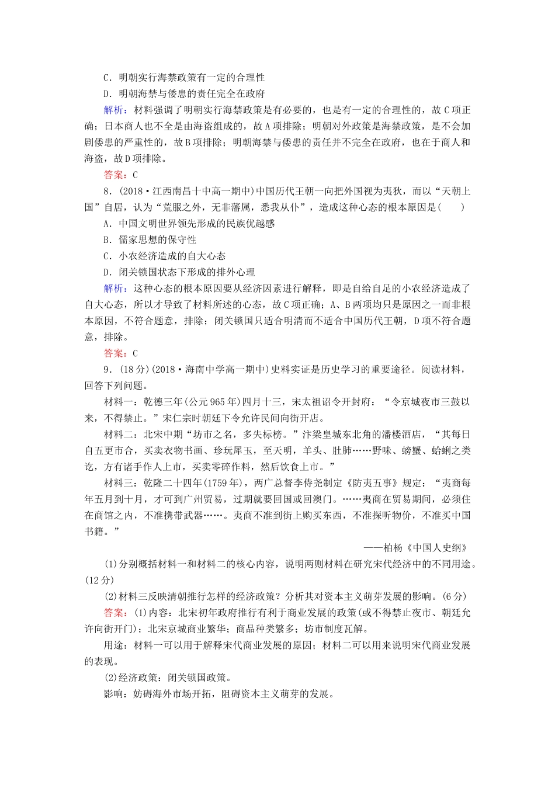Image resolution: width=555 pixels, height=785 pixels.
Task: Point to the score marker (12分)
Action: coord(99,580)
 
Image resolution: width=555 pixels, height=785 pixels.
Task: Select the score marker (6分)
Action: coord(455,596)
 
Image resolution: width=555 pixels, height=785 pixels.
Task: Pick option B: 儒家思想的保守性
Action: coord(150,240)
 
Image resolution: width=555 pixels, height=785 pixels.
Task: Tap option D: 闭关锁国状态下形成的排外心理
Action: coord(179,272)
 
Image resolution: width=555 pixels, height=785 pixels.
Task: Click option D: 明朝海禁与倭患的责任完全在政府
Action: coord(184,93)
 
